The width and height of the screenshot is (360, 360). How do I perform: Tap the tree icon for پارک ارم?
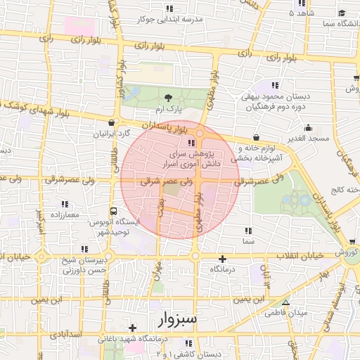tap(167, 98)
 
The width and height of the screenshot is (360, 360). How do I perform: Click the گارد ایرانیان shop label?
tap(113, 133)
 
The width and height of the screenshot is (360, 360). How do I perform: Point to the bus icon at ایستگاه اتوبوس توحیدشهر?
tap(112, 210)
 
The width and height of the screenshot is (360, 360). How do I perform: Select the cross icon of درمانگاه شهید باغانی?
tap(132, 327)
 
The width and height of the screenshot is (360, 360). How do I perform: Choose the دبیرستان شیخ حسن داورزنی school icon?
tap(84, 248)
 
